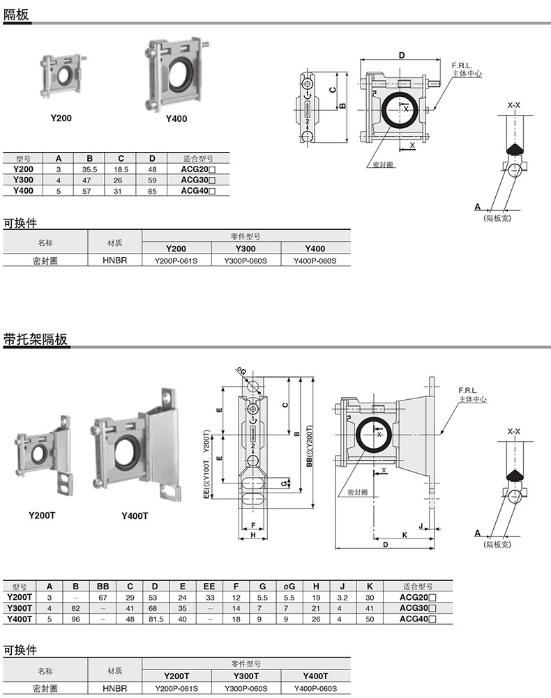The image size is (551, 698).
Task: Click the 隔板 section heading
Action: tap(16, 14)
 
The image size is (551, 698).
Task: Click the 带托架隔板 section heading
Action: tap(35, 339)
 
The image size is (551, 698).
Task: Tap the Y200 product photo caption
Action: tap(61, 118)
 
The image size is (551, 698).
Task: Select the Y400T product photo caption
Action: tap(135, 516)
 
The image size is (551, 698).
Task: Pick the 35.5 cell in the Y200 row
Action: tap(89, 169)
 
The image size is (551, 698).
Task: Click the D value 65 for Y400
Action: tap(152, 191)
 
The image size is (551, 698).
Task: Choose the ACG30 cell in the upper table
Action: tap(198, 180)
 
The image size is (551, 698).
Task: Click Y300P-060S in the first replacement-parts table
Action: tap(246, 261)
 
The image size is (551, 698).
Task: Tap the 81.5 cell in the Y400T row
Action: tap(156, 619)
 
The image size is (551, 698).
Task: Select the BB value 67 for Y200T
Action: tap(103, 598)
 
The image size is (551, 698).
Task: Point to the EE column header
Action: tap(209, 587)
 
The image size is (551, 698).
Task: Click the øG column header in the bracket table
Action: tap(289, 587)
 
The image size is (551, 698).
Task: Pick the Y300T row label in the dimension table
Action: tap(20, 608)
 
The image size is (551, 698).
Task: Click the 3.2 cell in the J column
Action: tap(342, 598)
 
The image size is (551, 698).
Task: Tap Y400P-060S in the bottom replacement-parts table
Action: tap(316, 688)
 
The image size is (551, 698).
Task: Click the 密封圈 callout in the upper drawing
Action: tap(383, 164)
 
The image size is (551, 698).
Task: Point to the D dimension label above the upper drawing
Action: tap(402, 55)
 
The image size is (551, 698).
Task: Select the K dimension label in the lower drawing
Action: tap(405, 534)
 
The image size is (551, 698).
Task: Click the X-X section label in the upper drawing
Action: tap(513, 105)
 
